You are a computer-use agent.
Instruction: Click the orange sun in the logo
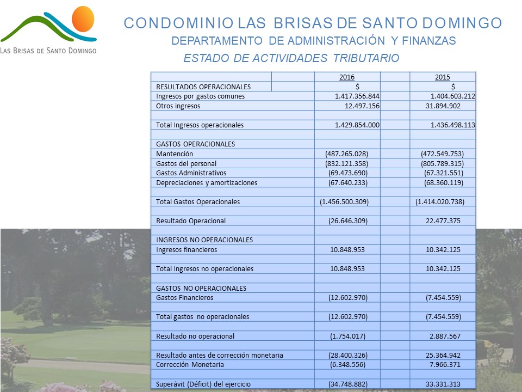83,19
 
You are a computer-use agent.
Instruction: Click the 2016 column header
347,77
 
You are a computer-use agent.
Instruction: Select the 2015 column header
443,77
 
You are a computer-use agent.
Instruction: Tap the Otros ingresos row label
178,106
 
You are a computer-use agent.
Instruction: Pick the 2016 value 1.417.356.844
357,96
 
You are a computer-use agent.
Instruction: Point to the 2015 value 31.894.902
443,106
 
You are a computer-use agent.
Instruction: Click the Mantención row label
175,154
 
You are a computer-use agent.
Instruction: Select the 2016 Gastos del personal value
346,164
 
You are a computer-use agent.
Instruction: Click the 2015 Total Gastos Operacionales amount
440,201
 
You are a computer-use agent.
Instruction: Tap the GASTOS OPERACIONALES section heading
195,144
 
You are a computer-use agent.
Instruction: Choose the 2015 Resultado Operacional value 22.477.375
443,221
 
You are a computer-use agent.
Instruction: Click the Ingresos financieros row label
187,250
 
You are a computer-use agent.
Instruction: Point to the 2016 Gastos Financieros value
348,298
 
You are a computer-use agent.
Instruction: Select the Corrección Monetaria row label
190,365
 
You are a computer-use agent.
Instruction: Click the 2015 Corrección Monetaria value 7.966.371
445,365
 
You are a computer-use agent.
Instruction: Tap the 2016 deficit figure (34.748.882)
348,384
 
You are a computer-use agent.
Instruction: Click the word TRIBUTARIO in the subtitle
366,58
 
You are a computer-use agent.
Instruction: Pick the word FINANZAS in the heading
429,41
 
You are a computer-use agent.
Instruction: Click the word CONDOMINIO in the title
178,23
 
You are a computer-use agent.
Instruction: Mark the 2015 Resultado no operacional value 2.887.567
445,336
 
